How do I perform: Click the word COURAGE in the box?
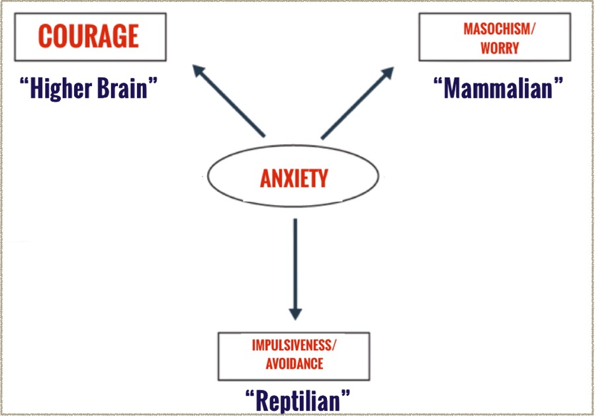tap(89, 35)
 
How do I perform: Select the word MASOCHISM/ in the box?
tap(490, 30)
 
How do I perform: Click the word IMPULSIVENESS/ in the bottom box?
tap(294, 346)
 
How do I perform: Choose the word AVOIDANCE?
tap(294, 363)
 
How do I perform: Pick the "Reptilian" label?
tap(297, 400)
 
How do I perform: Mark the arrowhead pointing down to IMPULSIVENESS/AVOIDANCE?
tap(295, 312)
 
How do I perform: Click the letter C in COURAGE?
tap(45, 35)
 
